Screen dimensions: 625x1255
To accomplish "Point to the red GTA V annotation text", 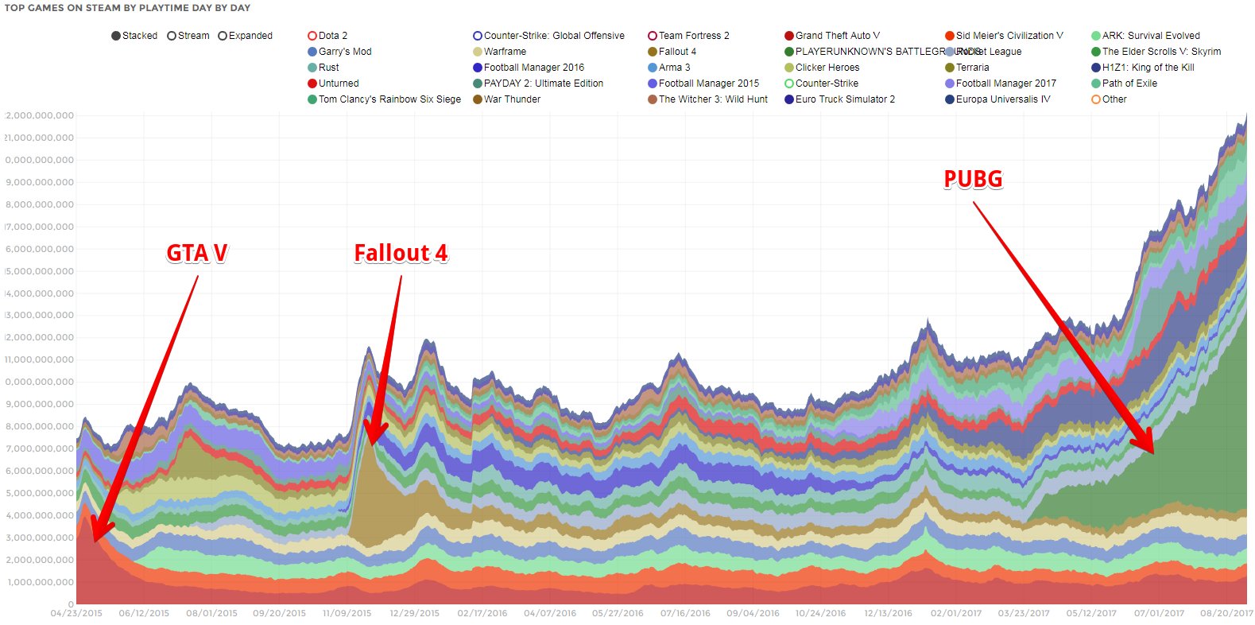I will (x=197, y=253).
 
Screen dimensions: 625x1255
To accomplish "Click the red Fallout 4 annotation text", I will (x=401, y=253).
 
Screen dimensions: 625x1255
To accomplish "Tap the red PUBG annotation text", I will (x=973, y=179).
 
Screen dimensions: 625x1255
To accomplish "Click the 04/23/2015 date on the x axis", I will (x=76, y=613).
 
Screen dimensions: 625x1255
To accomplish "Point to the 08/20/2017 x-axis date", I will (x=1226, y=613).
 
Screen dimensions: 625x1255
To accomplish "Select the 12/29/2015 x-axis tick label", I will (x=414, y=613).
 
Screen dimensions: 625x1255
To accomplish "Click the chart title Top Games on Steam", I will (x=127, y=8).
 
